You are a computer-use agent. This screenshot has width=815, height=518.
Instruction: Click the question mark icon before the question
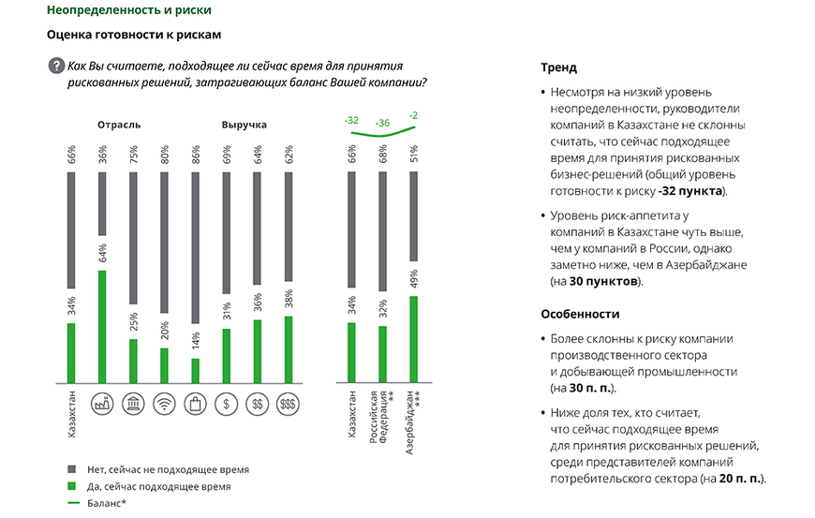tap(55, 66)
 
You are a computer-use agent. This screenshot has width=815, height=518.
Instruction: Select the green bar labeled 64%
tap(100, 327)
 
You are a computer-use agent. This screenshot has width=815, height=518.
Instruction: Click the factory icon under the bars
tap(101, 404)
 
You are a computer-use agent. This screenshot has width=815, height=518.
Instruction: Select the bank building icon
tap(132, 404)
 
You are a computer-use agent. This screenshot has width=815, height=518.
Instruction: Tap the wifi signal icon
tap(163, 404)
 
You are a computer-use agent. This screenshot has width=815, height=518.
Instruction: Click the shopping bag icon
tap(194, 404)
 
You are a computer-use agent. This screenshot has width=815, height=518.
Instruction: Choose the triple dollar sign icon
tap(288, 404)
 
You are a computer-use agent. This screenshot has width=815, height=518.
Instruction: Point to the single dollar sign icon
tap(225, 404)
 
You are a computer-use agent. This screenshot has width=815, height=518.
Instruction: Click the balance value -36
tap(382, 124)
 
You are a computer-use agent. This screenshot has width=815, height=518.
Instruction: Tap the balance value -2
tap(414, 115)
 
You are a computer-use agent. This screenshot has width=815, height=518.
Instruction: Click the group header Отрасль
tap(119, 125)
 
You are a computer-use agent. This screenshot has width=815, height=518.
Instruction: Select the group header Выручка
tap(244, 125)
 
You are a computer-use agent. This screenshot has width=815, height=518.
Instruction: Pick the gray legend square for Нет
tap(71, 469)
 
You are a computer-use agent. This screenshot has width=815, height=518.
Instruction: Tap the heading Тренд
tap(559, 68)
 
